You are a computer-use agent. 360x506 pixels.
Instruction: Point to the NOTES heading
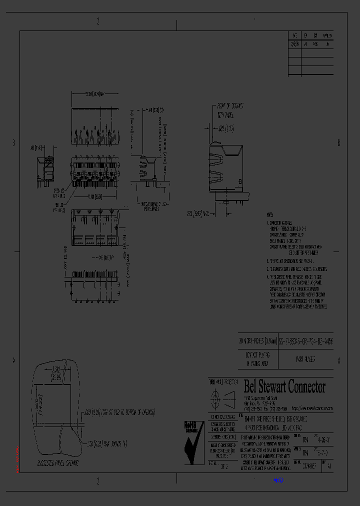(x=270, y=213)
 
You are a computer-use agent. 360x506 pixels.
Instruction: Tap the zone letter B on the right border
(x=339, y=143)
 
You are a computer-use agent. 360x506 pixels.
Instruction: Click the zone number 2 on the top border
(x=98, y=21)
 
